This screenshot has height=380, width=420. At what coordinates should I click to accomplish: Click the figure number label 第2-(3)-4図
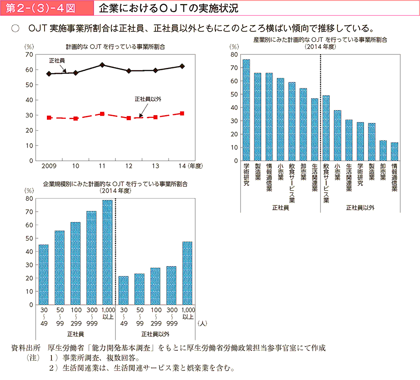(45, 8)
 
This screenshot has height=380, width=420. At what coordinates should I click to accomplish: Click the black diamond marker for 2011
(102, 65)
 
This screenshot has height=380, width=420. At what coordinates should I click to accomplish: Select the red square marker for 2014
(182, 113)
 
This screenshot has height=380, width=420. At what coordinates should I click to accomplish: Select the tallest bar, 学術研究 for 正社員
(246, 110)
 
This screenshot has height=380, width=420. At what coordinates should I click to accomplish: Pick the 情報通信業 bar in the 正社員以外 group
(394, 151)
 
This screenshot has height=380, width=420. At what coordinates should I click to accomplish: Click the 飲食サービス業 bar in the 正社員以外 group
(326, 128)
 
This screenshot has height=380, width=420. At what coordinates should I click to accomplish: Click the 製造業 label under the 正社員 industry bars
(258, 172)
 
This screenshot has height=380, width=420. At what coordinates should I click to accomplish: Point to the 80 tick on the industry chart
(233, 54)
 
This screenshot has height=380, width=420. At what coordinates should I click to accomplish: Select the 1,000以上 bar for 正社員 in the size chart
(107, 252)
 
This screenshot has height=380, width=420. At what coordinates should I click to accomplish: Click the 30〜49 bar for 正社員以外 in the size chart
(123, 290)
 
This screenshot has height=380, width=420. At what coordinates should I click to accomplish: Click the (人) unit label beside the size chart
(201, 323)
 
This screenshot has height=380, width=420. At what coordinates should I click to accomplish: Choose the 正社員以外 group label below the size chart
(155, 334)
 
